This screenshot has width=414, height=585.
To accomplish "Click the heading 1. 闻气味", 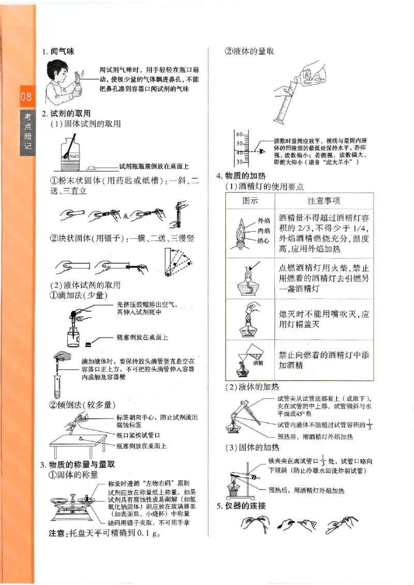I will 58,52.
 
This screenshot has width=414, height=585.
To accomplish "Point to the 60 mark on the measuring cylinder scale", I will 240,134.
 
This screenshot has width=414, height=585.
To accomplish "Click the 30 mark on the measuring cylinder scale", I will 240,162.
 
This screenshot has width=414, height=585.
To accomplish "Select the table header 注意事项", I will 324,200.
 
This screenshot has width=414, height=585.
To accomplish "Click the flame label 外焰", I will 263,221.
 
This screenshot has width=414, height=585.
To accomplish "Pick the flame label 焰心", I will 263,240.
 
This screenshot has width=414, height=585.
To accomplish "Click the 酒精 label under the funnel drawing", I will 258,363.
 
